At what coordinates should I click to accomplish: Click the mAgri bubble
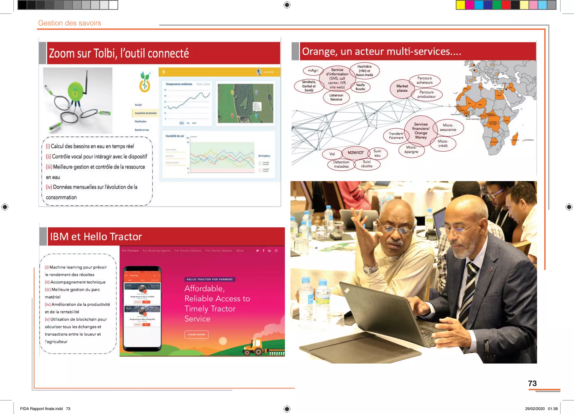coord(313,71)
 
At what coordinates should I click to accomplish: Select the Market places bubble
coord(402,88)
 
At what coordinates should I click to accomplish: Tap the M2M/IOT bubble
coord(356,153)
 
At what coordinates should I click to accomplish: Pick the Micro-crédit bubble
coord(443,144)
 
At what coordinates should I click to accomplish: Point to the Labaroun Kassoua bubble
coord(336,97)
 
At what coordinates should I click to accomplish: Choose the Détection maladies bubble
coord(341,164)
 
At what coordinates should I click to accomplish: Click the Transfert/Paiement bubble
coord(396,136)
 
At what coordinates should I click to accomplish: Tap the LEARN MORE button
coord(196,334)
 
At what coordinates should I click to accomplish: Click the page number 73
coord(532,383)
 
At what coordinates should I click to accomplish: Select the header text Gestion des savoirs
coord(70,23)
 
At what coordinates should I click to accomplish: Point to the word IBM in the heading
coord(59,237)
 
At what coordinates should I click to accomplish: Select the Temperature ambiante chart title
coord(179,84)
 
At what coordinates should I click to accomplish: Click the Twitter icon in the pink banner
coord(257,251)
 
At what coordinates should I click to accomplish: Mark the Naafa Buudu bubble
coord(360,87)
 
